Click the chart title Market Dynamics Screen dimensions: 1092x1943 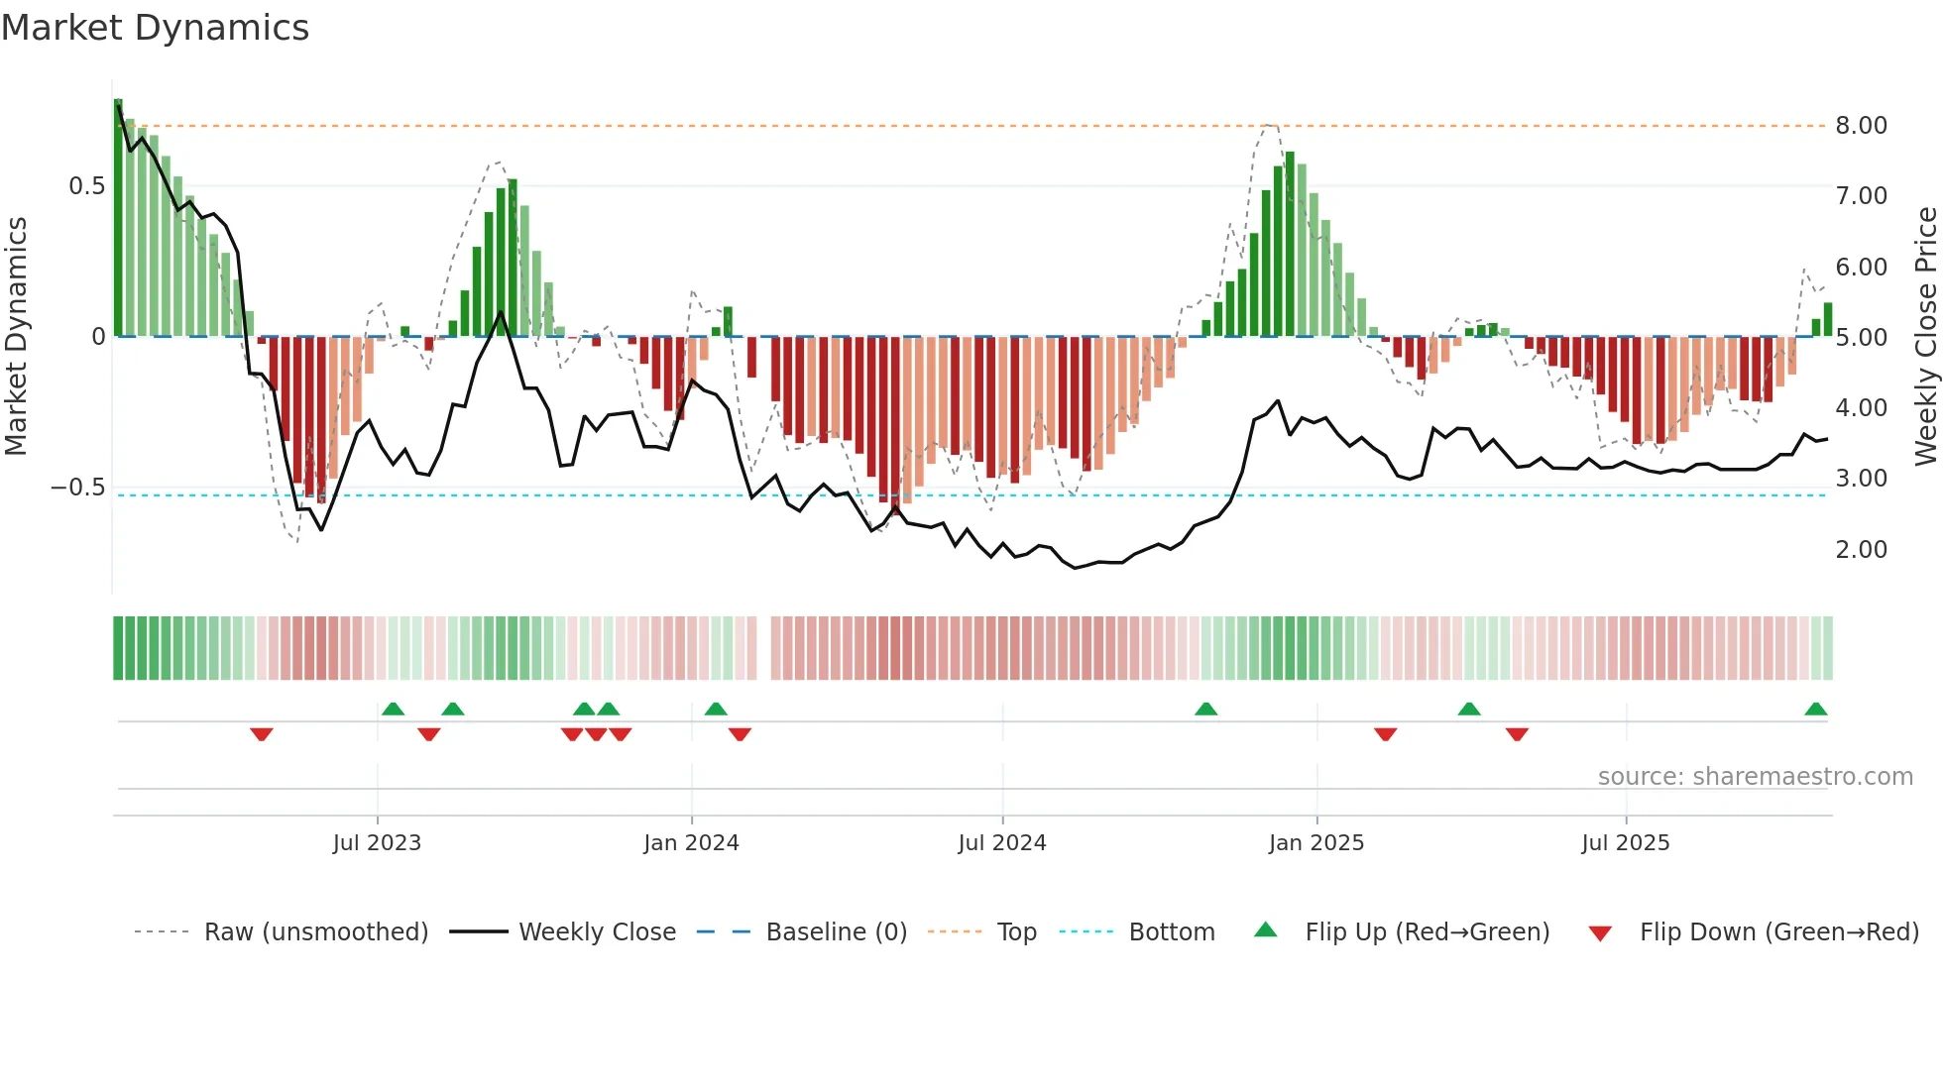156,28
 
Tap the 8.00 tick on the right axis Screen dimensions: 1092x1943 1861,126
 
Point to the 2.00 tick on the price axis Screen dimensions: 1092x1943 1861,550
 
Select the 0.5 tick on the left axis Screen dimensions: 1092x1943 86,186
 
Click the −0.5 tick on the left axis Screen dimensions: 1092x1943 78,488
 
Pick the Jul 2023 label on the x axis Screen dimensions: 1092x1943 377,843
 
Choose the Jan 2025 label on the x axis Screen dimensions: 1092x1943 1316,843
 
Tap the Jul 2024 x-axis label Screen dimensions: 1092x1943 1002,843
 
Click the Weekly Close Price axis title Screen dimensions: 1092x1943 1925,337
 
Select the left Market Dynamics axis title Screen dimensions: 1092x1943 16,337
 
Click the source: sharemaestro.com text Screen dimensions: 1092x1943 1755,777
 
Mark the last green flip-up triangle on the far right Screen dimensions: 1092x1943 1815,710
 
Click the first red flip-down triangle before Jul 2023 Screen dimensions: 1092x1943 262,733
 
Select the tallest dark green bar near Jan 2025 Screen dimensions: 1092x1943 1290,243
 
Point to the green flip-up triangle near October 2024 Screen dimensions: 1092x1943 1205,710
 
